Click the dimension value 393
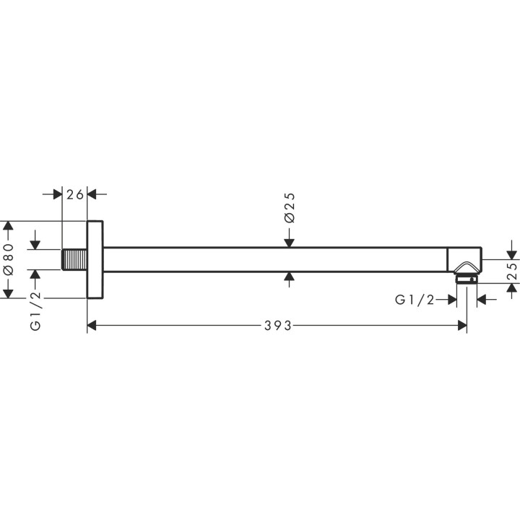coord(277,326)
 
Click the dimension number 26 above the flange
coord(75,194)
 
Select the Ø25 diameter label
coord(289,208)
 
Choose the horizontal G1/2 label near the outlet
coord(415,300)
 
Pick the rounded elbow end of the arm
coord(464,259)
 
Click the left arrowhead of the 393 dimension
coord(92,326)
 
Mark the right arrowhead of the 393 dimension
coord(461,326)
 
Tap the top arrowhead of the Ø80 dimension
coord(9,226)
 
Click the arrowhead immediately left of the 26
coord(58,194)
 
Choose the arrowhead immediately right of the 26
coord(92,194)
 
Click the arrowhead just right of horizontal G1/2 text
coord(451,300)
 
